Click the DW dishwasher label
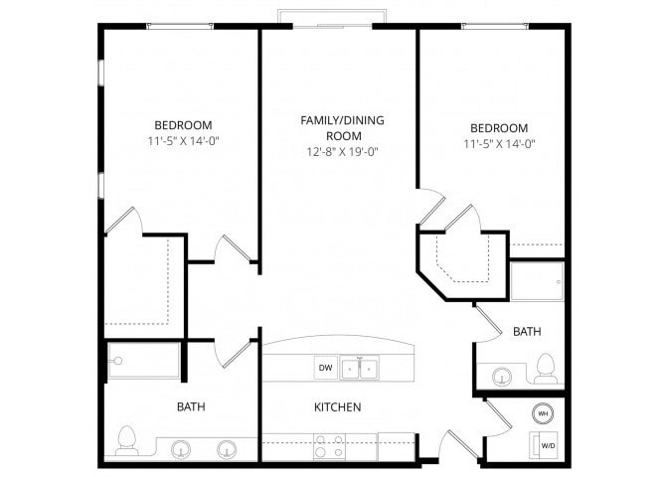325,368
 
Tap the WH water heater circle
544,412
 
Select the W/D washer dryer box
547,444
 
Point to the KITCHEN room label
337,407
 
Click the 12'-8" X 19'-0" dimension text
343,152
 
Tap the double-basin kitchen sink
359,369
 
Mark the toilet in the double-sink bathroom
126,440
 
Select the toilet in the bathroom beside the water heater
544,367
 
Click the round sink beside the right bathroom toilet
502,376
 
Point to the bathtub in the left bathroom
143,360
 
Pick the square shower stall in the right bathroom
537,280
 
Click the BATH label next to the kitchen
192,406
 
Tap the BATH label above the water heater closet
527,331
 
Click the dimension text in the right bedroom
498,143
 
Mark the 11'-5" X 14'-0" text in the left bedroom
182,141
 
